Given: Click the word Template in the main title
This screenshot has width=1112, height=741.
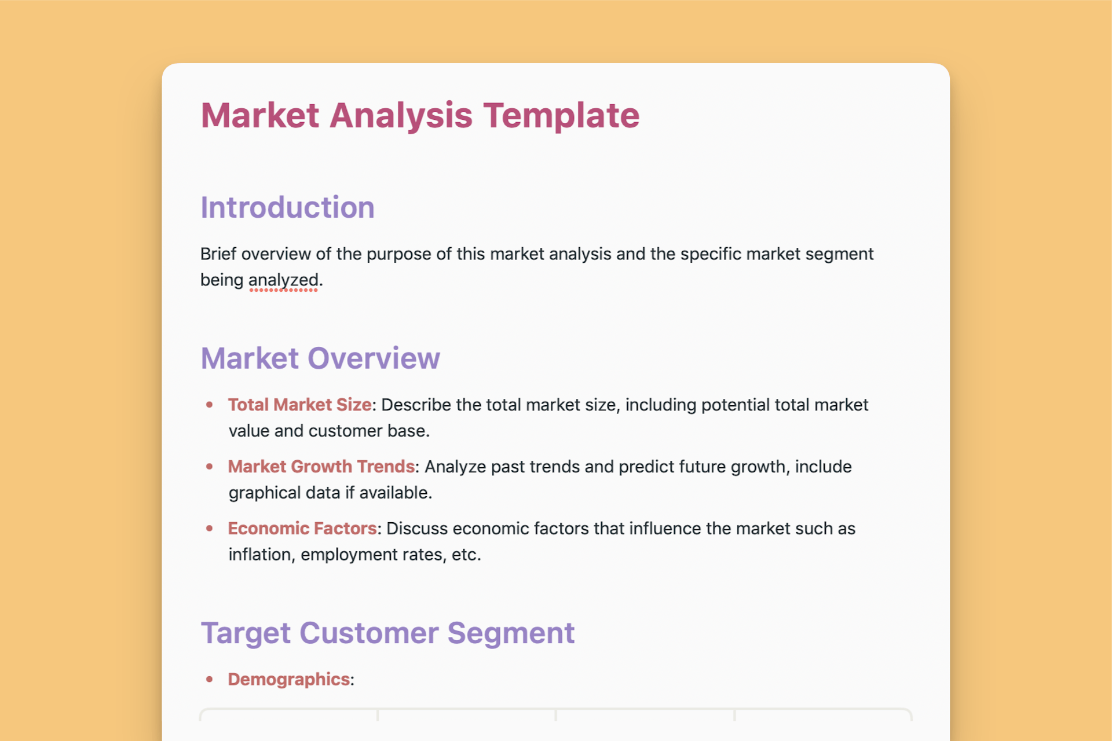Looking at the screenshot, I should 561,116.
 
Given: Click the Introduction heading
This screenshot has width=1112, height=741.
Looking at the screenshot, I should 287,207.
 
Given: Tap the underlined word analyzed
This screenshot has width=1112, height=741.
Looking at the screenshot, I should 283,280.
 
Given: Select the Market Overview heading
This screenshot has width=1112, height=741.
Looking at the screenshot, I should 320,358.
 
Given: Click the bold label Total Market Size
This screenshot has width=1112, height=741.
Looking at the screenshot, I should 299,405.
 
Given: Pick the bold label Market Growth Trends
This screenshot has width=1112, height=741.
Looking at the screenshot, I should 321,467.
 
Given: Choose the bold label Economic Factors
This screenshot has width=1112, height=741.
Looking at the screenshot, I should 302,529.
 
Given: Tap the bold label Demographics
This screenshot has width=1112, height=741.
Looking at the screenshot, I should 288,679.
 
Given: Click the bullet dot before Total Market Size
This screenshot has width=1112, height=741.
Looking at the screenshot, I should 210,405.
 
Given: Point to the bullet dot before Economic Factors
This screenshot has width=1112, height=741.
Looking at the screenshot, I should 210,528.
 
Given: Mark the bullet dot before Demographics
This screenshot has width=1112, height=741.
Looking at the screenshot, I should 210,679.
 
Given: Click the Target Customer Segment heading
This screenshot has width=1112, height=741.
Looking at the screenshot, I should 387,633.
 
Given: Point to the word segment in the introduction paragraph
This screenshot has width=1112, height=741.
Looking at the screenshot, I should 839,254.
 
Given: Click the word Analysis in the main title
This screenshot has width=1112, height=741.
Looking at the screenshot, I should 401,116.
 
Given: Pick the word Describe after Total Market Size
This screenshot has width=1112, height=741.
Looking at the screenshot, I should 416,405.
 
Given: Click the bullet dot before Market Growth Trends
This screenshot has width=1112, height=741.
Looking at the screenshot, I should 210,467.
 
